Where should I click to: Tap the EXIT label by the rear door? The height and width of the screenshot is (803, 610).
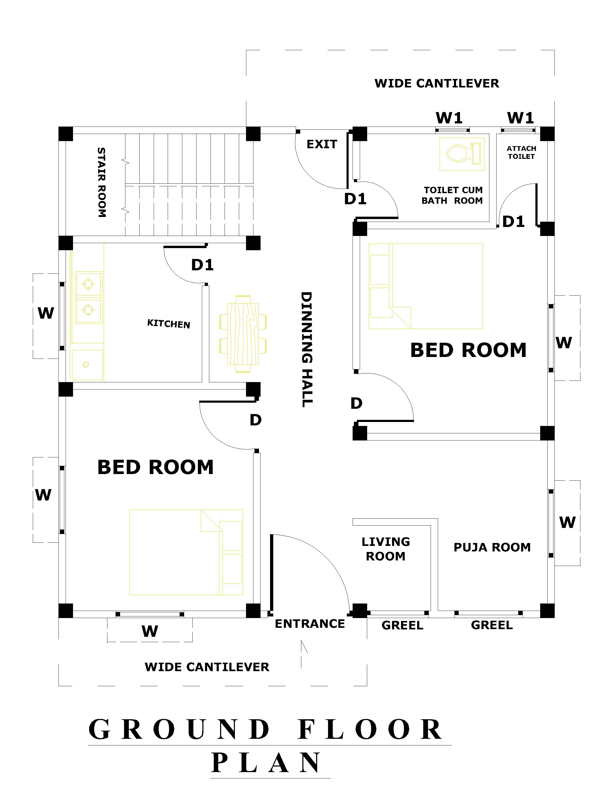tap(322, 145)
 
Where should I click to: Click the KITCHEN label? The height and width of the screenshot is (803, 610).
tap(169, 323)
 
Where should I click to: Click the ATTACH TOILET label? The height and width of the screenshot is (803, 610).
tap(521, 152)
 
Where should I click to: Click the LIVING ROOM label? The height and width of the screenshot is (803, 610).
tap(386, 549)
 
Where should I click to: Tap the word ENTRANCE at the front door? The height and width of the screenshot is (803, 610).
tap(310, 624)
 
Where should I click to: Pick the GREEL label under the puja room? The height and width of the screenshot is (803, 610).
tap(492, 625)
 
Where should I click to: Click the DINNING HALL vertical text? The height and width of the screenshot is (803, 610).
tap(307, 349)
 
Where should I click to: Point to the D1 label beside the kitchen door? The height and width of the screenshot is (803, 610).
tap(202, 265)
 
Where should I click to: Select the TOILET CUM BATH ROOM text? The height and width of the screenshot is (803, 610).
tap(452, 195)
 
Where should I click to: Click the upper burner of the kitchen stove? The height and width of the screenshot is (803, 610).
tap(88, 284)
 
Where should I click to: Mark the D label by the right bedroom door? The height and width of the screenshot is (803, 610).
tap(356, 403)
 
